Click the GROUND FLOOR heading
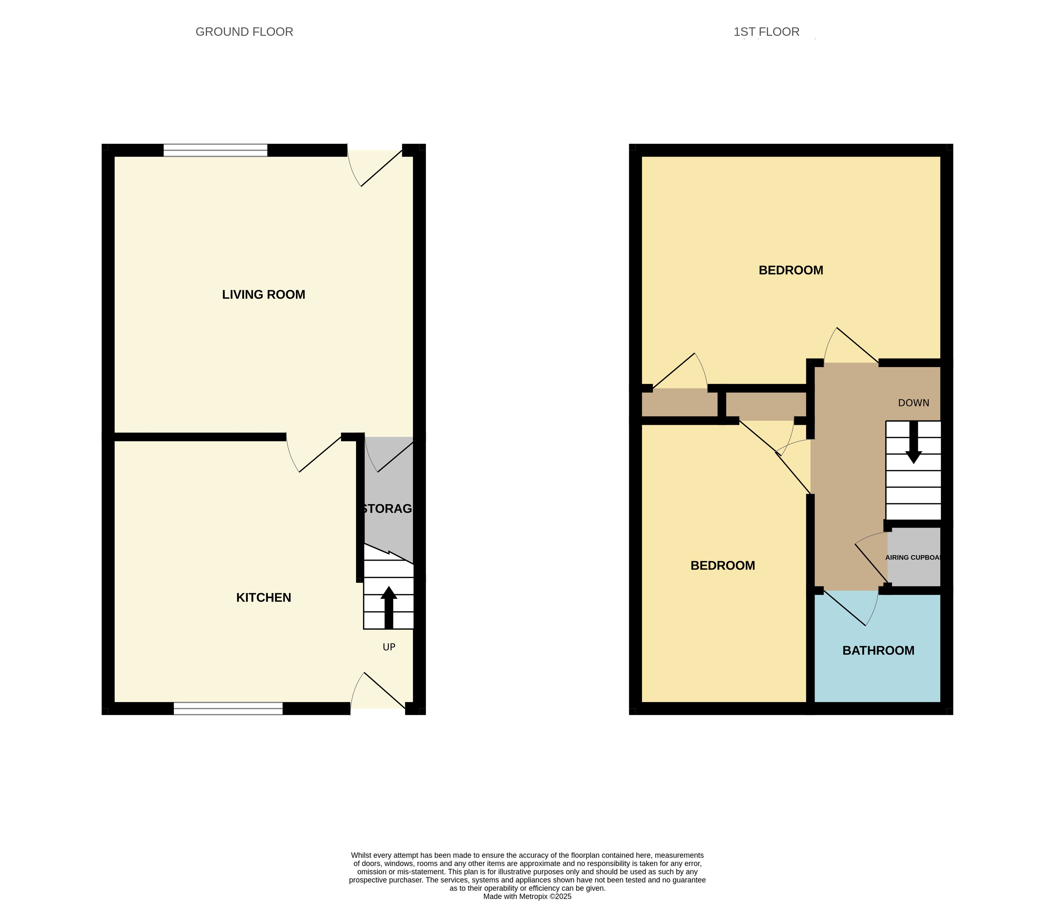[x=244, y=32]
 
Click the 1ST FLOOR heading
[x=766, y=32]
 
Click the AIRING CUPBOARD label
[x=913, y=557]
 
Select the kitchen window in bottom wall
[x=228, y=708]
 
